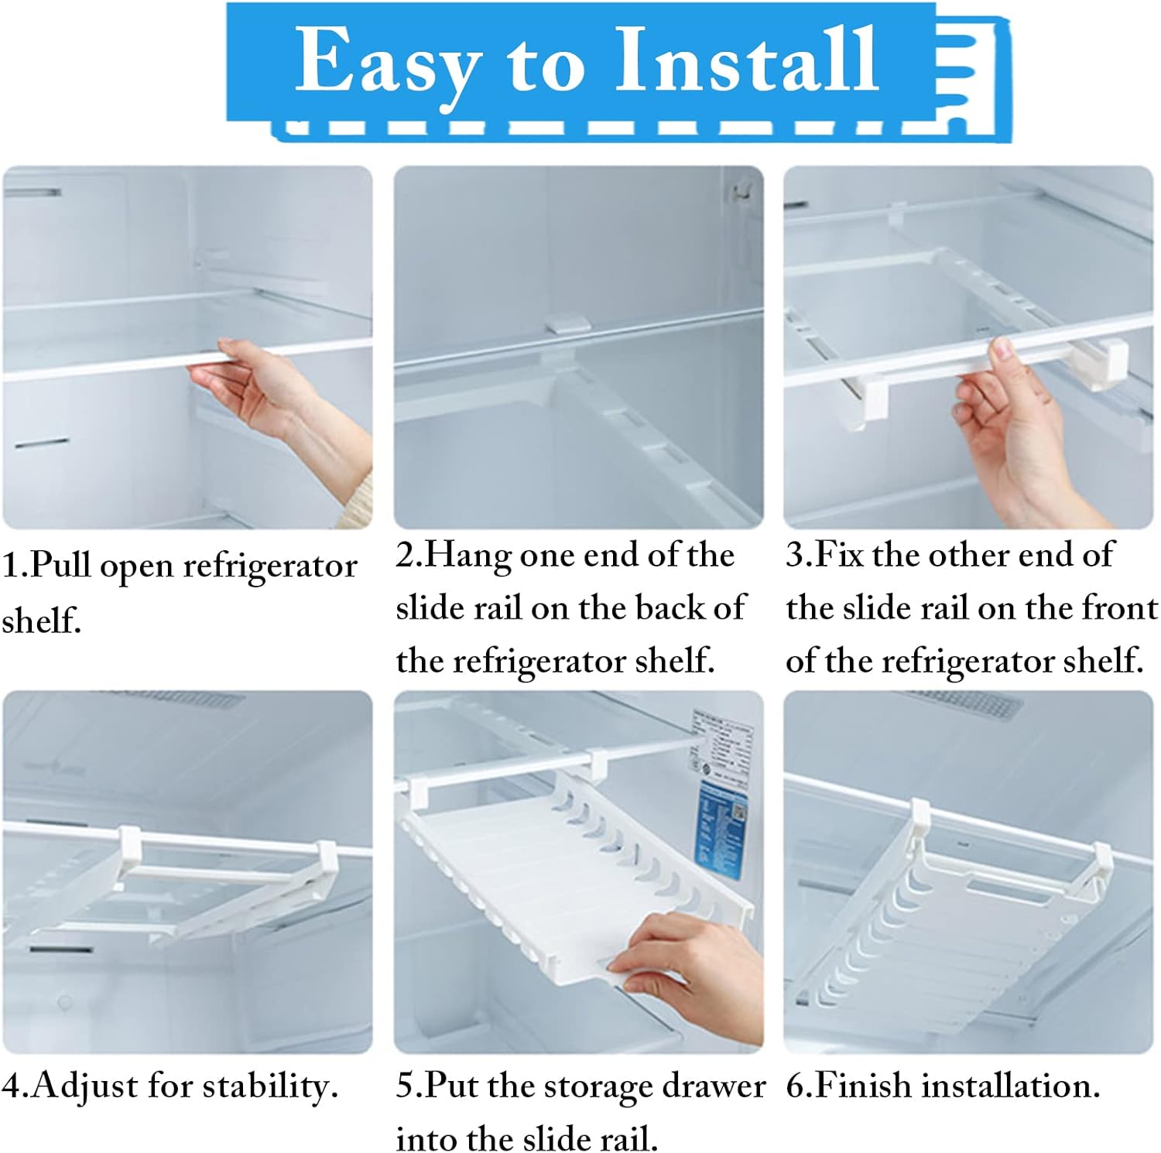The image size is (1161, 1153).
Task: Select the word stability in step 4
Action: point(264,1086)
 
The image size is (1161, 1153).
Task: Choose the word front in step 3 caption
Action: point(1119,607)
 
